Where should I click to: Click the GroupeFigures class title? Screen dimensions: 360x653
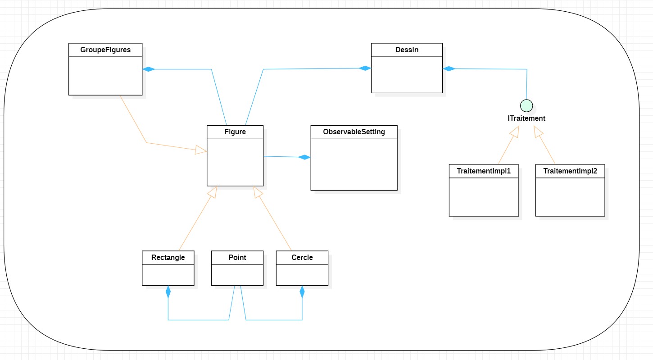coord(105,50)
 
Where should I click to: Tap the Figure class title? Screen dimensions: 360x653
coord(235,132)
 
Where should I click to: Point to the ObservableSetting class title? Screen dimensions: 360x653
coord(354,132)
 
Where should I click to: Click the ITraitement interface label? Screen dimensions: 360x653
coord(526,118)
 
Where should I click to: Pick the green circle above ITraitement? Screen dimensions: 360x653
coord(526,105)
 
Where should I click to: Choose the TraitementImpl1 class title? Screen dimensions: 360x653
coord(484,171)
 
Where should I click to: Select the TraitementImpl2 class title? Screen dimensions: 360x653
coord(570,171)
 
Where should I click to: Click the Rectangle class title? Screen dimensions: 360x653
coord(168,258)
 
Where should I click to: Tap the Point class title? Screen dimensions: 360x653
coord(237,258)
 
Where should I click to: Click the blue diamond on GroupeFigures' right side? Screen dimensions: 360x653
coord(149,69)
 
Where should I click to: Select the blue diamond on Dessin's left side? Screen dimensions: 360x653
coord(365,68)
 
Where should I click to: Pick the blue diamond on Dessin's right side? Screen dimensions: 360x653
coord(449,68)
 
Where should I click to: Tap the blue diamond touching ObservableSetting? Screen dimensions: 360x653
coord(304,157)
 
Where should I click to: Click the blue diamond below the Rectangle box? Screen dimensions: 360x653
coord(168,292)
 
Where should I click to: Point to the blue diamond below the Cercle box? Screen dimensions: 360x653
coord(302,292)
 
